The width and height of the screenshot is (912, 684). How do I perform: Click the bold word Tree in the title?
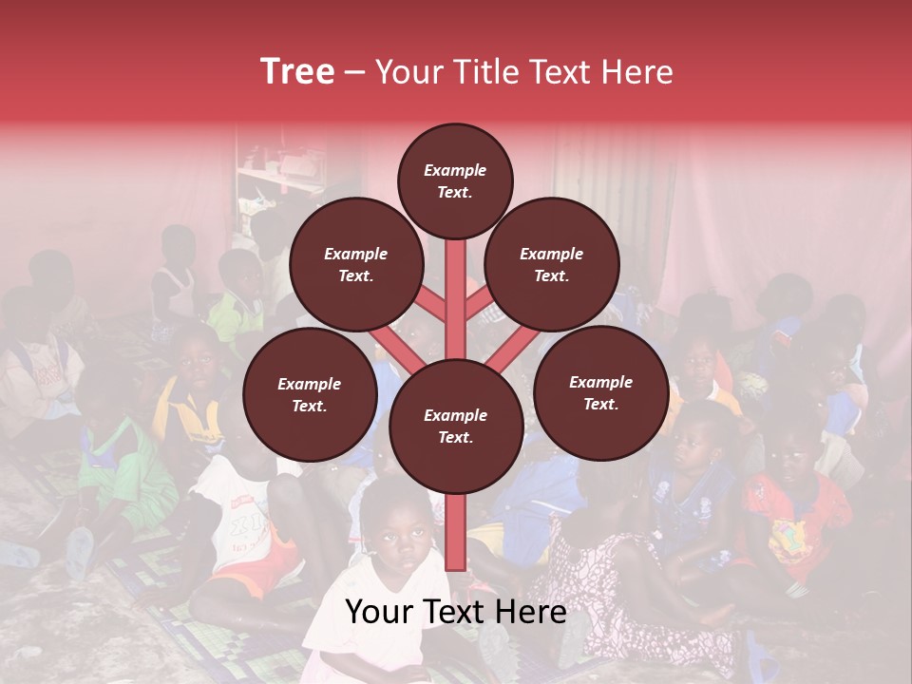tap(297, 72)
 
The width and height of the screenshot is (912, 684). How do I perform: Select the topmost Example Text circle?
tap(454, 180)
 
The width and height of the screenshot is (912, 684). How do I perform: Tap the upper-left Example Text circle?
tap(355, 264)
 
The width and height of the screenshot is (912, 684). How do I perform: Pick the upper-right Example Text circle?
tap(551, 264)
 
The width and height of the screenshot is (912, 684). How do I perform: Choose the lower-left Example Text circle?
tap(309, 394)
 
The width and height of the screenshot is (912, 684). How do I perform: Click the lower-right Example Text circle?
tap(600, 392)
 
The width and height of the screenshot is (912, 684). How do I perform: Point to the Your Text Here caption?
tap(455, 613)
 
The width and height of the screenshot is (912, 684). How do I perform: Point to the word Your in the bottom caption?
tap(379, 613)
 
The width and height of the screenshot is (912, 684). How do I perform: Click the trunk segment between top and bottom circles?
tap(455, 299)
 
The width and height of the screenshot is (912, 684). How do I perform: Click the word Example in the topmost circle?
tap(454, 171)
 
